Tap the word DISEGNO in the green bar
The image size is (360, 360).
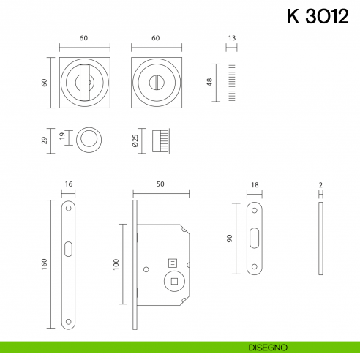click(x=272, y=346)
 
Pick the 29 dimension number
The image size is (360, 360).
click(x=45, y=139)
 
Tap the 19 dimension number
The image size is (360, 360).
click(x=64, y=137)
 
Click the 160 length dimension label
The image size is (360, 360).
click(x=45, y=263)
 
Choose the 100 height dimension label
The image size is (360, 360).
click(x=115, y=263)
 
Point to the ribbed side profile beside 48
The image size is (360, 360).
click(x=232, y=82)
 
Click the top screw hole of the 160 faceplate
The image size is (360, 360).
click(x=67, y=208)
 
